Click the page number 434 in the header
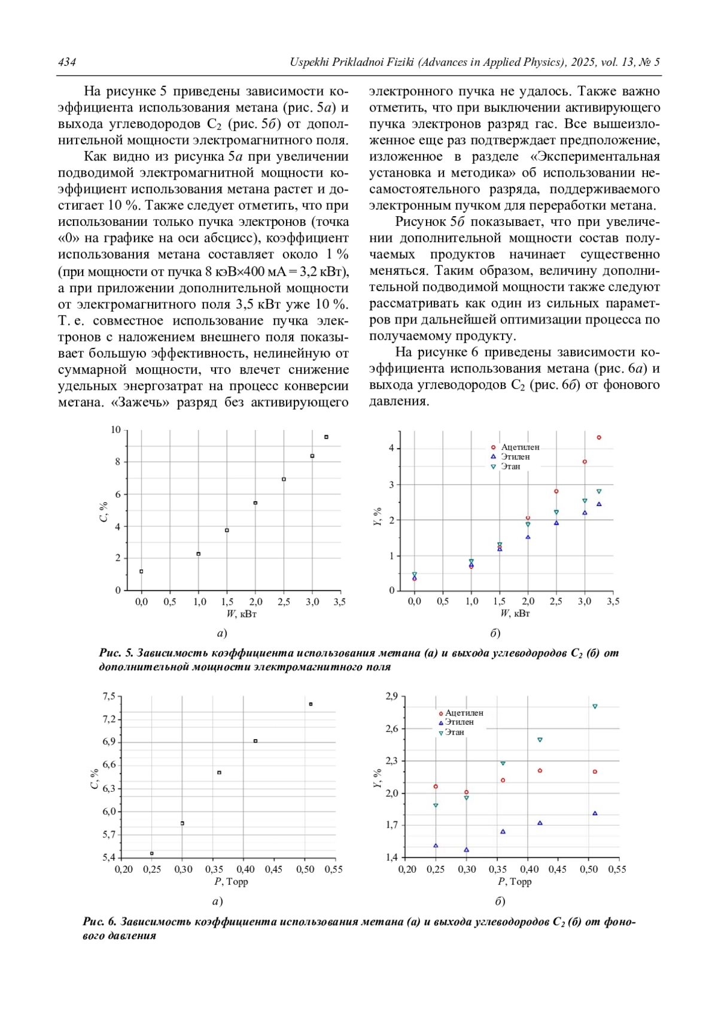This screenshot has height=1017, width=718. pyautogui.click(x=67, y=62)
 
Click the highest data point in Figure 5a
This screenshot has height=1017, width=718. pyautogui.click(x=326, y=437)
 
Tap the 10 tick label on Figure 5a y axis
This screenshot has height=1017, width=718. pyautogui.click(x=115, y=430)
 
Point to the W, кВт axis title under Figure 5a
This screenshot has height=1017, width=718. pyautogui.click(x=241, y=614)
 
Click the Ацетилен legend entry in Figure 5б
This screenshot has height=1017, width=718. pyautogui.click(x=519, y=447)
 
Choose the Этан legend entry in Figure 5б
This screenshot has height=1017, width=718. pyautogui.click(x=510, y=467)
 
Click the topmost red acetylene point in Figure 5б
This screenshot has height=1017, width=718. pyautogui.click(x=599, y=438)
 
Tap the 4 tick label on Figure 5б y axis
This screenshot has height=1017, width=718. pyautogui.click(x=391, y=448)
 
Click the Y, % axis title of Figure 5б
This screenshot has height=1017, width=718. pyautogui.click(x=377, y=516)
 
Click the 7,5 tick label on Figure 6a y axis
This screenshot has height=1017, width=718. pyautogui.click(x=109, y=697)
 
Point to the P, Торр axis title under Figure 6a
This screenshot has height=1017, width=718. pyautogui.click(x=231, y=882)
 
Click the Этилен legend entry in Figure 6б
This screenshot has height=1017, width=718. pyautogui.click(x=459, y=722)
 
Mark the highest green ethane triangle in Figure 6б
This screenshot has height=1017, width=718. pyautogui.click(x=595, y=707)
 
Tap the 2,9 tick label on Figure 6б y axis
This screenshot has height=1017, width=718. pyautogui.click(x=392, y=697)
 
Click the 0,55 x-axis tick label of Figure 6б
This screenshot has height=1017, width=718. pyautogui.click(x=617, y=869)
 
